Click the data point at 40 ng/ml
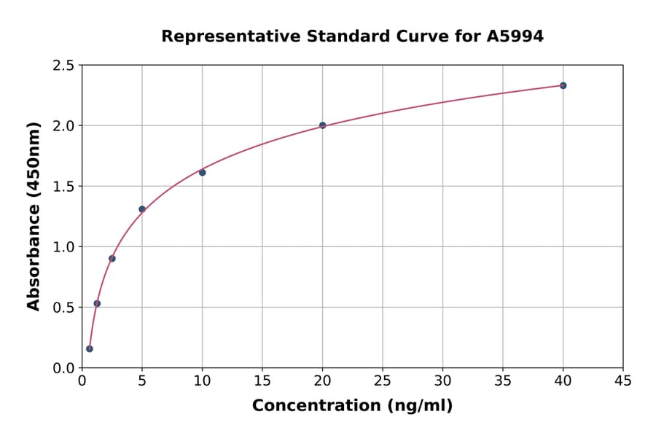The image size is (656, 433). click(x=563, y=85)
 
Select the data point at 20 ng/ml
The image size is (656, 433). click(x=322, y=125)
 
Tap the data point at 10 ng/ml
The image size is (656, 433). click(x=202, y=173)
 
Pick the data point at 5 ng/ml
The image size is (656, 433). click(x=142, y=209)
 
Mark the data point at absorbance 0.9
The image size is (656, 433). click(x=112, y=258)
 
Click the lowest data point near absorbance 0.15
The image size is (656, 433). click(x=90, y=348)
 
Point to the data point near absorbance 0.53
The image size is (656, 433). click(x=97, y=303)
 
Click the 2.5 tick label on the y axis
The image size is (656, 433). click(x=64, y=66)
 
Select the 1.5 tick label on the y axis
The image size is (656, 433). click(x=64, y=187)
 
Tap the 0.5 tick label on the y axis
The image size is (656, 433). click(x=64, y=308)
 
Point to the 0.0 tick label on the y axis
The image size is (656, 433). click(x=64, y=368)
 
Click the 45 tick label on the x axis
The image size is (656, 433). click(x=622, y=381)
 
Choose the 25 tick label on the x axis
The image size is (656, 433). click(x=382, y=381)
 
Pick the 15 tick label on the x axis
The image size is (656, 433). click(x=262, y=381)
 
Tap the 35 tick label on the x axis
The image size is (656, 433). click(x=502, y=381)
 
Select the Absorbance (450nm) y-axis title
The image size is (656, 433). click(x=34, y=216)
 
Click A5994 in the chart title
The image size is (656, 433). click(x=515, y=36)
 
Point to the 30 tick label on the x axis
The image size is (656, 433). click(x=442, y=381)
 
